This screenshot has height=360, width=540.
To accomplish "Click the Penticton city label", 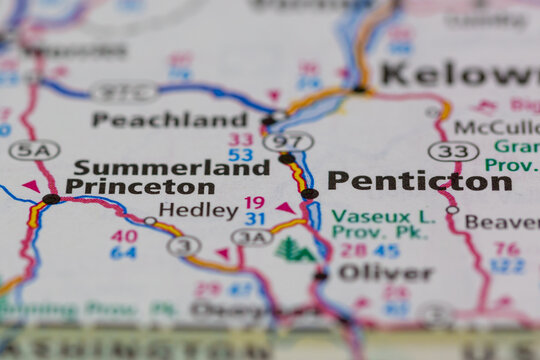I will [419, 181].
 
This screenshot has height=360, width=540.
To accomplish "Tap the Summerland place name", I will [171, 167].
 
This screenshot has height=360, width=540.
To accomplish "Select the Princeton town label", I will [140, 186].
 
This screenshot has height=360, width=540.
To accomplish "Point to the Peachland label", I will [169, 119].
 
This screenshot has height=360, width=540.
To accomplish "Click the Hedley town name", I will [198, 210].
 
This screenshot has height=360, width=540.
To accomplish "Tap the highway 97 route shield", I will [288, 141].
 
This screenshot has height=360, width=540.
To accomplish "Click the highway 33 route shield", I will [453, 151].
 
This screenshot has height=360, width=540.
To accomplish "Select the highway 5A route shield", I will [34, 150].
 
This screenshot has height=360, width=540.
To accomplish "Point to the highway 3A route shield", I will [252, 237].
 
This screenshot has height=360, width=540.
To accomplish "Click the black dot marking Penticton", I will [310, 194].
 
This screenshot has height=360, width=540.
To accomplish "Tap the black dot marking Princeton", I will [51, 200].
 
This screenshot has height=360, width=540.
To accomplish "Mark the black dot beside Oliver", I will [321, 275].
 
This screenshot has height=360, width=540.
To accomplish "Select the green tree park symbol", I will [294, 249].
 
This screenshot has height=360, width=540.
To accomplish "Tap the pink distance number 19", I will [255, 202].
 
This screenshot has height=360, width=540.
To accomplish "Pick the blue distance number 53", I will [240, 155].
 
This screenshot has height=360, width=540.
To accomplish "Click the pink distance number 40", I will [124, 236].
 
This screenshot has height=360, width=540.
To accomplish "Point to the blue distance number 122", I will [507, 265].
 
